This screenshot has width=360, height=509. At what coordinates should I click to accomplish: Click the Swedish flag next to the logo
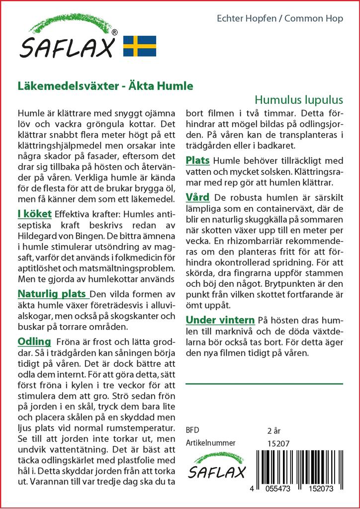click(140, 46)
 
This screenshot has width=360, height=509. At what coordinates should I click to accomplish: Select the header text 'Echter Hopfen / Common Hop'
click(280, 19)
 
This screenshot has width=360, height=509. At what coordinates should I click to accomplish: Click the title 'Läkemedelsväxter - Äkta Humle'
click(105, 85)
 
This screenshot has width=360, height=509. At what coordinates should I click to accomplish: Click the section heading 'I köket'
click(34, 214)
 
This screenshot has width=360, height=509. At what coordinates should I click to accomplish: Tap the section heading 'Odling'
click(34, 341)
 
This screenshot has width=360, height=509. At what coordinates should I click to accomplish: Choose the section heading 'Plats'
click(197, 160)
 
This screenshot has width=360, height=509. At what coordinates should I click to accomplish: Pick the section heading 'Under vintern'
click(220, 320)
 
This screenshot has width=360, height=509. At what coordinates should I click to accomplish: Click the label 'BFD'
click(192, 430)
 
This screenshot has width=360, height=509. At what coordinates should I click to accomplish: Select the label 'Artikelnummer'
click(210, 443)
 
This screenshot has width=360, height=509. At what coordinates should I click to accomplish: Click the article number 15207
click(278, 443)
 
